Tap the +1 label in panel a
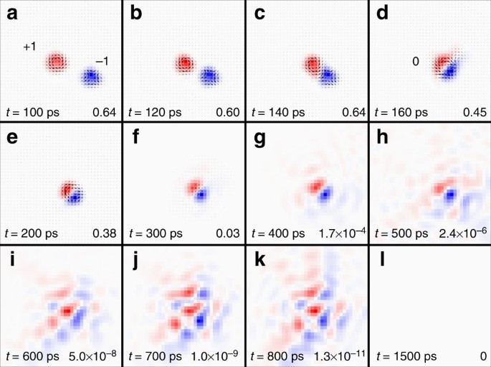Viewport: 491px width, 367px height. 29,47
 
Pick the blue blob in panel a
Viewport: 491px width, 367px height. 90,75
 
